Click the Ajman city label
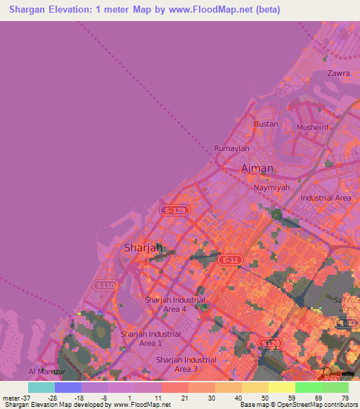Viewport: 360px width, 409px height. (x=257, y=169)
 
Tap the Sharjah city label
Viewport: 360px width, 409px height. (x=143, y=247)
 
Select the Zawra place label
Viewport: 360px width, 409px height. (x=338, y=73)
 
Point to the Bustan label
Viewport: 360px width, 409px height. (x=266, y=124)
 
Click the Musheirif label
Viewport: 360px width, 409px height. (x=313, y=128)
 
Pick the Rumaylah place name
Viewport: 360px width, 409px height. (x=231, y=149)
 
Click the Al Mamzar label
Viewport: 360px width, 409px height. (x=47, y=371)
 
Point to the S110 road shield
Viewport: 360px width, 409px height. (x=104, y=285)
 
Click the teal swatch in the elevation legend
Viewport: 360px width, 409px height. (x=41, y=387)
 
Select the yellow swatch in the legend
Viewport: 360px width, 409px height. (x=281, y=387)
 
